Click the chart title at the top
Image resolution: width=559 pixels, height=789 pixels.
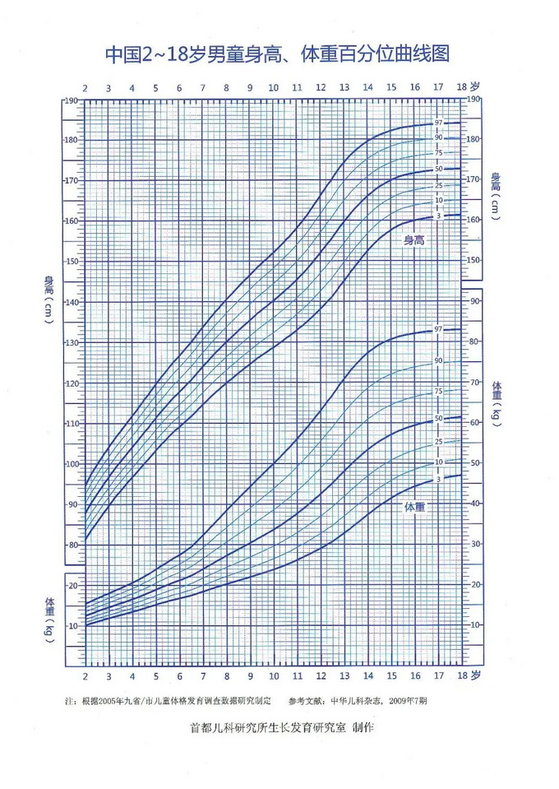279,55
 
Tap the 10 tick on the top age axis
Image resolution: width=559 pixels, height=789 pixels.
273,88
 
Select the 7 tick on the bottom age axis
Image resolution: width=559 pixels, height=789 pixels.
203,676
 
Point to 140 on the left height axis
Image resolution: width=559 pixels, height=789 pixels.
72,303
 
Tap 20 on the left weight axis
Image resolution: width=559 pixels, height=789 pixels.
73,586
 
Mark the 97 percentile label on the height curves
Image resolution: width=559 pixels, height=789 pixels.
439,123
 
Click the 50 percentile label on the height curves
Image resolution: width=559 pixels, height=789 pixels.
439,169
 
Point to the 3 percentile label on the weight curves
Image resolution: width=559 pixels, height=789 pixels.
439,479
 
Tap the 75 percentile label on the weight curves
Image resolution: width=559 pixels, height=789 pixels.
439,391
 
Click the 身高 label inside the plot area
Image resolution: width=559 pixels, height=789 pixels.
418,241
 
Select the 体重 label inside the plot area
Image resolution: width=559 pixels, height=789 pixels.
415,508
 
